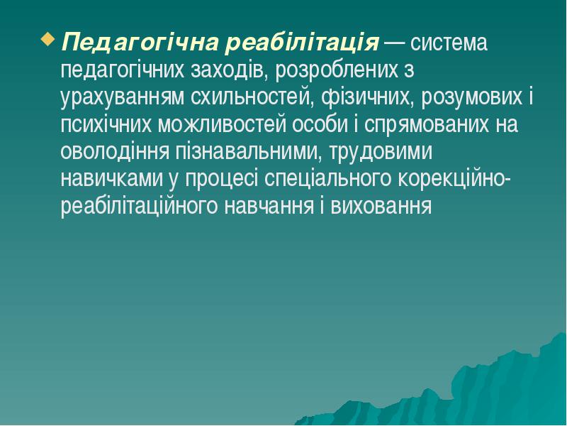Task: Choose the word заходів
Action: point(228,71)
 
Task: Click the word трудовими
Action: point(381,153)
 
